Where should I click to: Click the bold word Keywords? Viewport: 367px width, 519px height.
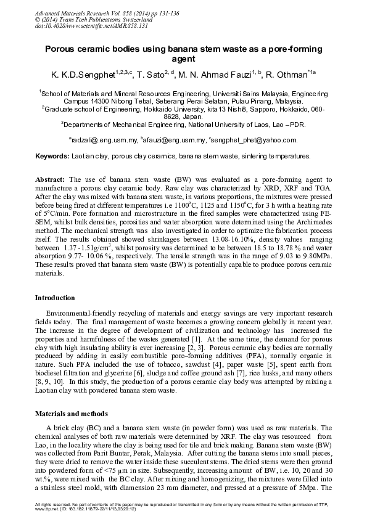pos(51,157)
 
